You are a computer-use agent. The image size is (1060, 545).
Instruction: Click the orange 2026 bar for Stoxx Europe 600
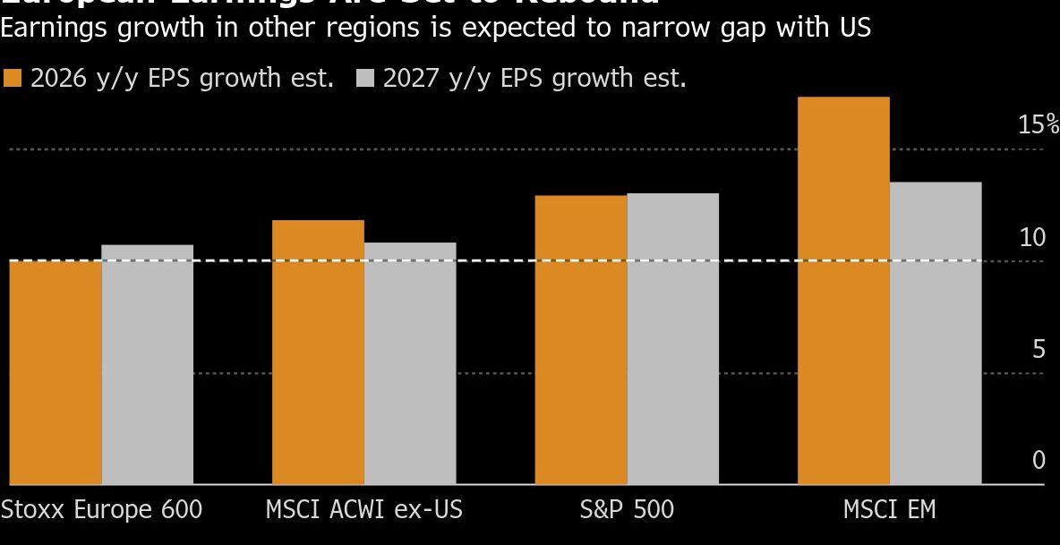[56, 372]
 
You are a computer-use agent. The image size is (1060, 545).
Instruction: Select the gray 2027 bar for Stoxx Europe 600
[148, 364]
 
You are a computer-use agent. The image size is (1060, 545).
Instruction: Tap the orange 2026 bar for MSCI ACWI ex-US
[318, 353]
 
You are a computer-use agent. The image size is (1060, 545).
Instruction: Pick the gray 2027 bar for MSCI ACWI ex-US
[410, 363]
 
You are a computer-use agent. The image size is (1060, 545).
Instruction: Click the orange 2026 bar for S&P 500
[580, 340]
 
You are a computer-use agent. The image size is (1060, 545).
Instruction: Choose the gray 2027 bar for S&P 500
[672, 338]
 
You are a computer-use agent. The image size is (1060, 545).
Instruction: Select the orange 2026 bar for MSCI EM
[843, 291]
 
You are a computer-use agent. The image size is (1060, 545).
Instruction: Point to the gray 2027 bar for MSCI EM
[936, 333]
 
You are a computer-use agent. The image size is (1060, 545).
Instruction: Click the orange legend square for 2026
[13, 79]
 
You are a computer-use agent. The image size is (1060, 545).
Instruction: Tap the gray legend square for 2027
[364, 79]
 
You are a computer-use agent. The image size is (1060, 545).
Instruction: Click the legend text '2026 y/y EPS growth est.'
[182, 79]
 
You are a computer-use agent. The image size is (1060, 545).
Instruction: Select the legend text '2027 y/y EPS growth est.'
[534, 79]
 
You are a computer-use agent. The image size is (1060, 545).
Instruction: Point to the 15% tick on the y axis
[1038, 124]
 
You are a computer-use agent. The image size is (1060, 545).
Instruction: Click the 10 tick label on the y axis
[1032, 237]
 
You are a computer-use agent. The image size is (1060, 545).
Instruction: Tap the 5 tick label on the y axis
[1039, 349]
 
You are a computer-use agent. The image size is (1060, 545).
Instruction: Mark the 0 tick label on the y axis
[1039, 460]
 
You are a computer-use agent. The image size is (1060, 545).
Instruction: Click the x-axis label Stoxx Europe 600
[101, 509]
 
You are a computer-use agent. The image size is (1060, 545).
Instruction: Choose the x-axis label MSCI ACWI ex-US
[364, 509]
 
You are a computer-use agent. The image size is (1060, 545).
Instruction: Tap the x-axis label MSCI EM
[889, 509]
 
